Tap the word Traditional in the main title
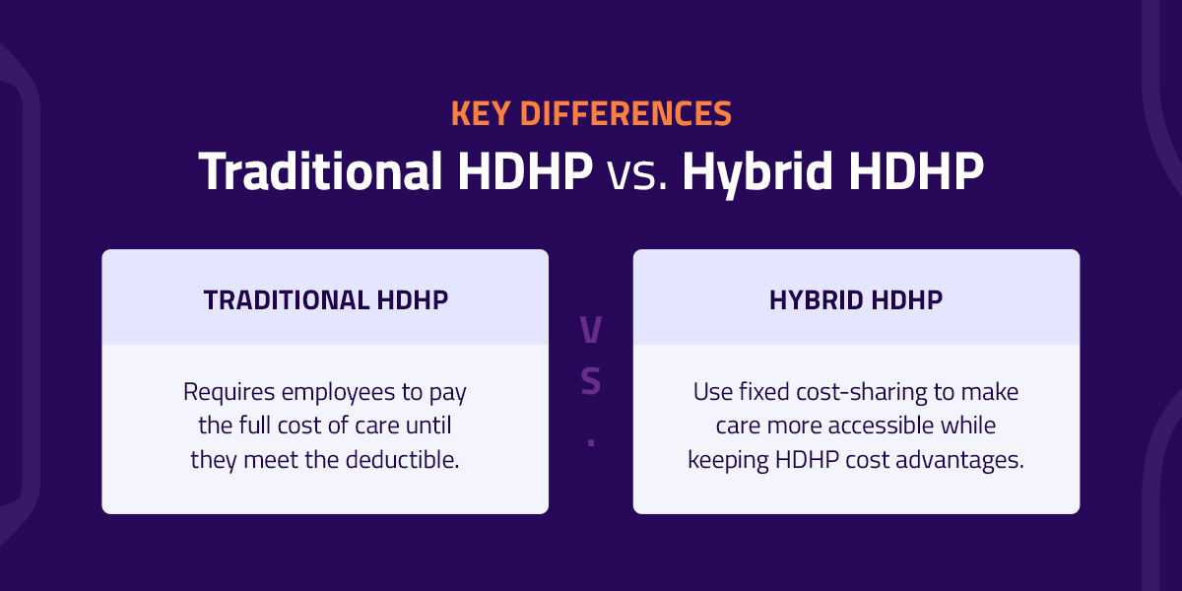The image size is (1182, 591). [x=320, y=171]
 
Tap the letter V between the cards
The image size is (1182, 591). [x=591, y=331]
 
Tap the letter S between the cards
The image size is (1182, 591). [x=591, y=381]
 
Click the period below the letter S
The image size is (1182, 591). [x=591, y=442]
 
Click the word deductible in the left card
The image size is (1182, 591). [x=411, y=459]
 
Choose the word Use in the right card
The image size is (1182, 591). [x=710, y=392]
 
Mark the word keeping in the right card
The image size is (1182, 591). [x=723, y=459]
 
